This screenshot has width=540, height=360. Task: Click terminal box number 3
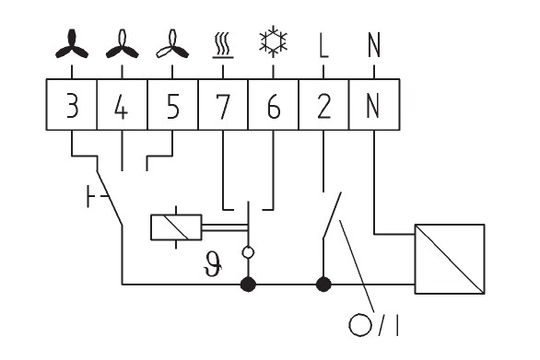pos(72,105)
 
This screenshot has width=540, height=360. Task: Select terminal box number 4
pos(123,105)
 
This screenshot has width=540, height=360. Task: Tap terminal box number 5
pos(172,105)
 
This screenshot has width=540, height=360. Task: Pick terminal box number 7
pos(223,105)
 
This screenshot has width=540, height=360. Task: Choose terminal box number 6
pos(273,105)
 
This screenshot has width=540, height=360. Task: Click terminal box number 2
pos(323,105)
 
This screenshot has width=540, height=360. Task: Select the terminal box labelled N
pos(374,105)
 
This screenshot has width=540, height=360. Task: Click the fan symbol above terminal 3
pos(72,44)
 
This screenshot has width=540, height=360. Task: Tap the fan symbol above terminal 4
pos(123,44)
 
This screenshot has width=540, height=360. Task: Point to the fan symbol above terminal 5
pos(172,44)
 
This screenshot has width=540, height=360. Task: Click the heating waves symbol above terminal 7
pos(223,45)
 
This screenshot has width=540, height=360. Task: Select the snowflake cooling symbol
pos(273,41)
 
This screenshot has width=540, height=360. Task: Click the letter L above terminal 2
pos(323,45)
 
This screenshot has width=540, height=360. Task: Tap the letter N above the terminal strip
pos(374,45)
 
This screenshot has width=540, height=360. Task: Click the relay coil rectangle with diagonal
pos(176,227)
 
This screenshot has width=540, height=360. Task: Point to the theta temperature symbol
pos(213,263)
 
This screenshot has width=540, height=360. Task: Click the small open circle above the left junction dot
pos(248,252)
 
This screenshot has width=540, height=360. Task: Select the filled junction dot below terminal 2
pos(323,285)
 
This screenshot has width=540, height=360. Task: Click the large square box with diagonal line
pos(450,259)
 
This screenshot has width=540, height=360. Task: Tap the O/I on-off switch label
pos(374,325)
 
